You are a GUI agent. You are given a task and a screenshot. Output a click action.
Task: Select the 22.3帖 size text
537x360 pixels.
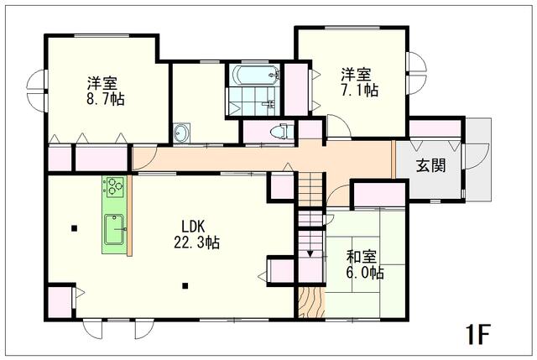tap(196, 243)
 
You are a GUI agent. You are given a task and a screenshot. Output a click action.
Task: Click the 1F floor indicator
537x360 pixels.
tap(479, 333)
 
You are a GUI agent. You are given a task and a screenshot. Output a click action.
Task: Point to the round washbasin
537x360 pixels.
tap(181, 132)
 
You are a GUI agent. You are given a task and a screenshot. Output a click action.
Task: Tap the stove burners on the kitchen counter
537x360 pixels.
tap(114, 186)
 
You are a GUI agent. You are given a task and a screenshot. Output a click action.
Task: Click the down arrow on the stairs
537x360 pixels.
tap(310, 250)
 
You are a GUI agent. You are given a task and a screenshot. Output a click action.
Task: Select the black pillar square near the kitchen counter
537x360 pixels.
tap(76, 227)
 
